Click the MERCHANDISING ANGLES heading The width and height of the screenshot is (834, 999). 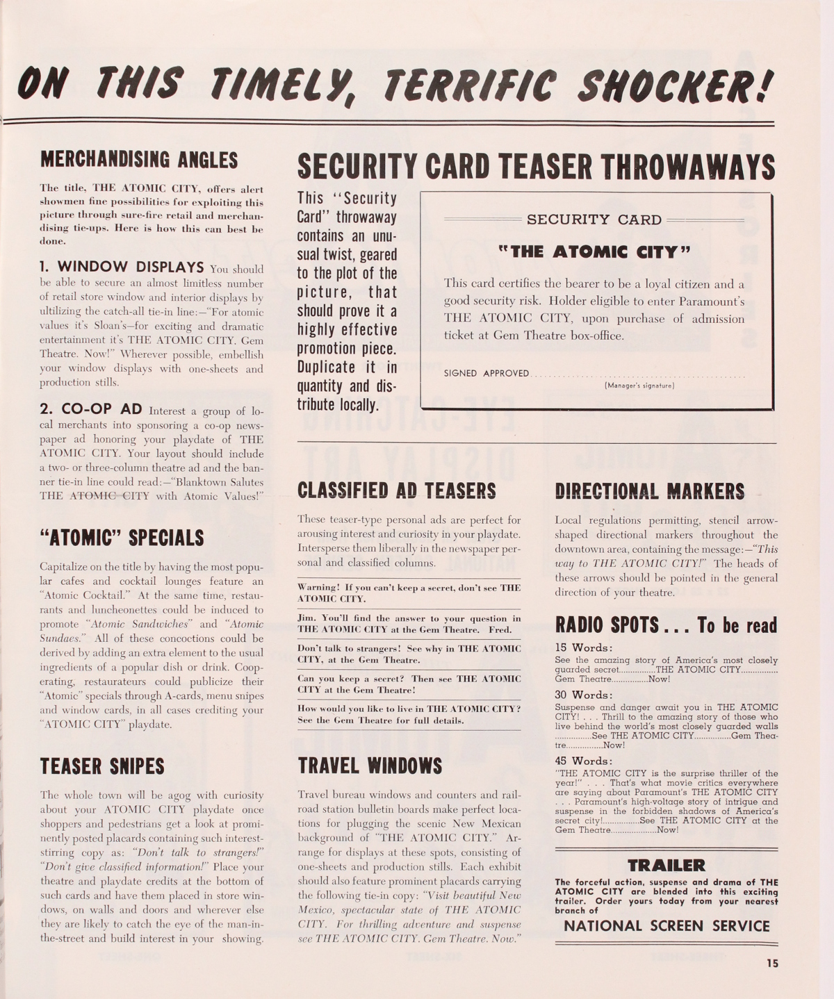(x=139, y=160)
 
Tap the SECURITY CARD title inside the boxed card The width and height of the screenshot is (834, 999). (x=594, y=220)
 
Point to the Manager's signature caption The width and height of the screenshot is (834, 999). (x=639, y=385)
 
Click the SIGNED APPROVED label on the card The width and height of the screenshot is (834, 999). (x=486, y=374)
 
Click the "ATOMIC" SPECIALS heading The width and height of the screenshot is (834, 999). (x=122, y=538)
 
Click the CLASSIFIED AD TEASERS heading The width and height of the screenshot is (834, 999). (x=396, y=490)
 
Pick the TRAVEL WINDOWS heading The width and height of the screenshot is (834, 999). (x=370, y=766)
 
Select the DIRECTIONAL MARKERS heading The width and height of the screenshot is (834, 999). (x=649, y=490)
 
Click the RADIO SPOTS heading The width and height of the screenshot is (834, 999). (x=666, y=625)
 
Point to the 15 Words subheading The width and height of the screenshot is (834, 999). (x=583, y=648)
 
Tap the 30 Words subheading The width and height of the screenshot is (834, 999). (x=584, y=695)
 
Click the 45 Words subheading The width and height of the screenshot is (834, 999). (x=584, y=761)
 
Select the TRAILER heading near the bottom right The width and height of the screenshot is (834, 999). (x=666, y=865)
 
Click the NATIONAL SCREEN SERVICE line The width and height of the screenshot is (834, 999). (x=667, y=926)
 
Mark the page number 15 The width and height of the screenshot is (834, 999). (x=771, y=963)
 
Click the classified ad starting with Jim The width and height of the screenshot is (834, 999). (x=409, y=624)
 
